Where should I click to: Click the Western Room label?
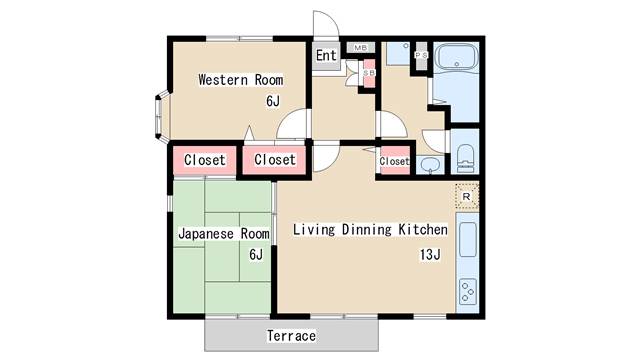[x=241, y=80]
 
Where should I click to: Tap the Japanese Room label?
[x=224, y=234]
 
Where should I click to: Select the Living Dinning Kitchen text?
[x=370, y=229]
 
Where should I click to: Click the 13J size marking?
[x=430, y=255]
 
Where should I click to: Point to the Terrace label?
[x=291, y=336]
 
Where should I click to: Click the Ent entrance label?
[x=326, y=55]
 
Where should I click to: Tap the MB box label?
[x=360, y=48]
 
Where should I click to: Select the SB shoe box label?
[x=369, y=73]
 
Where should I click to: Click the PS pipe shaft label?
[x=421, y=55]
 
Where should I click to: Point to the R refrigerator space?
[x=467, y=197]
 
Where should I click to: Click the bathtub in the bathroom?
[x=456, y=56]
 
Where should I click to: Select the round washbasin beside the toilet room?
[x=430, y=165]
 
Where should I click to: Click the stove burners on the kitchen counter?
[x=468, y=291]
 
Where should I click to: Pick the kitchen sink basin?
[x=468, y=240]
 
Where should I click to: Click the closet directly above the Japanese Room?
[x=205, y=160]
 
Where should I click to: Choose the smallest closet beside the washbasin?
[x=395, y=160]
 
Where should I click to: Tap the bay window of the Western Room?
[x=162, y=116]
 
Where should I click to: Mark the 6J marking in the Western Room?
[x=273, y=100]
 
